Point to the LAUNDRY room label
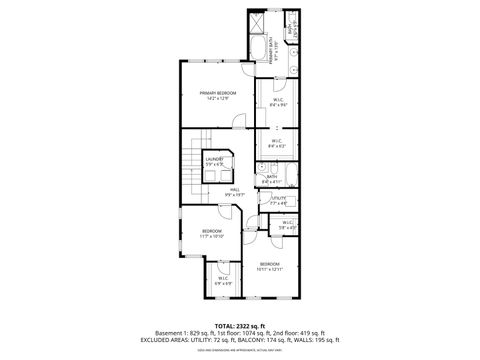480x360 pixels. (214, 160)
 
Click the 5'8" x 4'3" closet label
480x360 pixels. (288, 225)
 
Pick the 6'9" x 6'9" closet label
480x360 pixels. (224, 280)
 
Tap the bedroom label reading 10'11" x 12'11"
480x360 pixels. (270, 267)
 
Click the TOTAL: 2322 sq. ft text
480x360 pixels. (240, 326)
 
